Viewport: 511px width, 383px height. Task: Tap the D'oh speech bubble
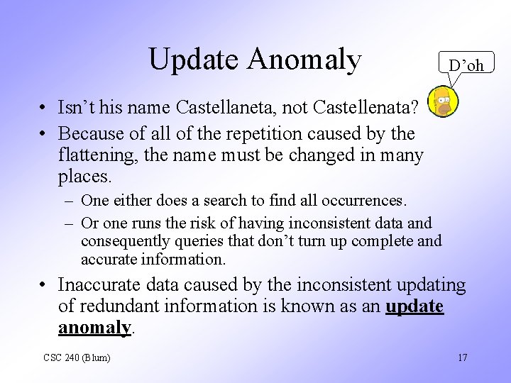point(466,65)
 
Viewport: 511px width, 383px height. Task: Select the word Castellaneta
point(238,109)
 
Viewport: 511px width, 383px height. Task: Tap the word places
point(84,174)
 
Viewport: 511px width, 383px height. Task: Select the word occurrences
point(365,201)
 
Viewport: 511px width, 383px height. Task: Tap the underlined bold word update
point(414,306)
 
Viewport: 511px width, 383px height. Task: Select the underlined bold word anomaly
point(94,327)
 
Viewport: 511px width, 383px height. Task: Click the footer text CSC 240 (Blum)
point(77,357)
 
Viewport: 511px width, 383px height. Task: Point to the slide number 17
point(462,357)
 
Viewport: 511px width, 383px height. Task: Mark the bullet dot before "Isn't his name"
point(44,109)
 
